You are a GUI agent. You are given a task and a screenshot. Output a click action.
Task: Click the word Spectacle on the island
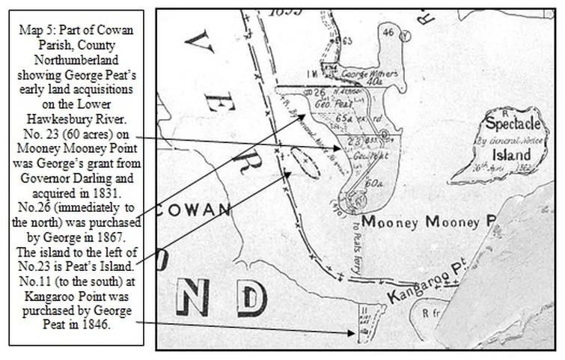(511, 122)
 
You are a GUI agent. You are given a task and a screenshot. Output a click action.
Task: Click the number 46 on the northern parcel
(388, 32)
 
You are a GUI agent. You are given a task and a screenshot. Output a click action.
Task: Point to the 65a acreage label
(344, 118)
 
